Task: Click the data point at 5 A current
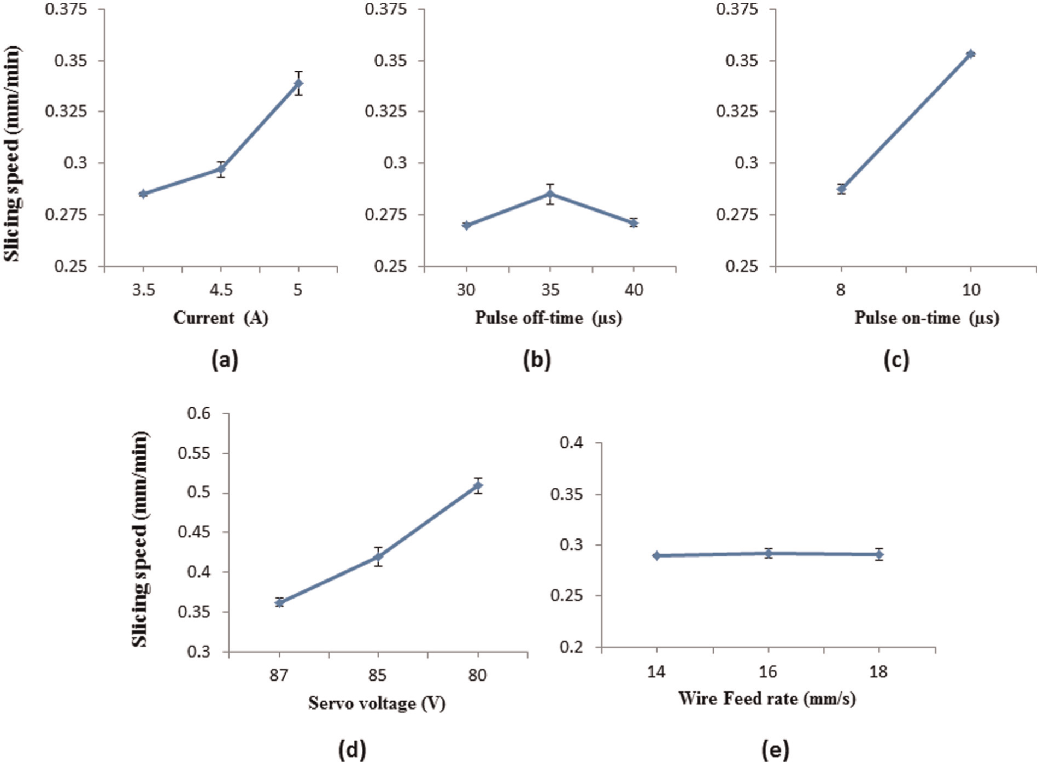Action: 298,84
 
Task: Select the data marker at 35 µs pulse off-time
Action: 550,194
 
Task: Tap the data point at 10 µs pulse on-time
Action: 971,54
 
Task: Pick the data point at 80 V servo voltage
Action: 478,485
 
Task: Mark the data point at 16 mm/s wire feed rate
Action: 769,553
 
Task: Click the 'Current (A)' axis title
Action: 221,318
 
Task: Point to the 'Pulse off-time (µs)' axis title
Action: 549,318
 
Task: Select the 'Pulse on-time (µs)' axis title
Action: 927,318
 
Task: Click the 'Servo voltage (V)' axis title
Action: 377,703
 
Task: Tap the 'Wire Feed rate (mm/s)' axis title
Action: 767,699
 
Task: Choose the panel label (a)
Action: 225,360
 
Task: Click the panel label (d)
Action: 353,751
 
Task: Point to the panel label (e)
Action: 775,751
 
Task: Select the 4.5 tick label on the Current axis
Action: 220,289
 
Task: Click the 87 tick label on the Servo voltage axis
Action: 278,676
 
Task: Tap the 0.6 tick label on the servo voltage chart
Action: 199,413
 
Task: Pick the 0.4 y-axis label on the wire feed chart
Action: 571,443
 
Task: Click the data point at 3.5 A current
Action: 143,194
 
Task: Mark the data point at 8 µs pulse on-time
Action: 841,189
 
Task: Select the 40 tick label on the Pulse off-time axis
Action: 634,289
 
